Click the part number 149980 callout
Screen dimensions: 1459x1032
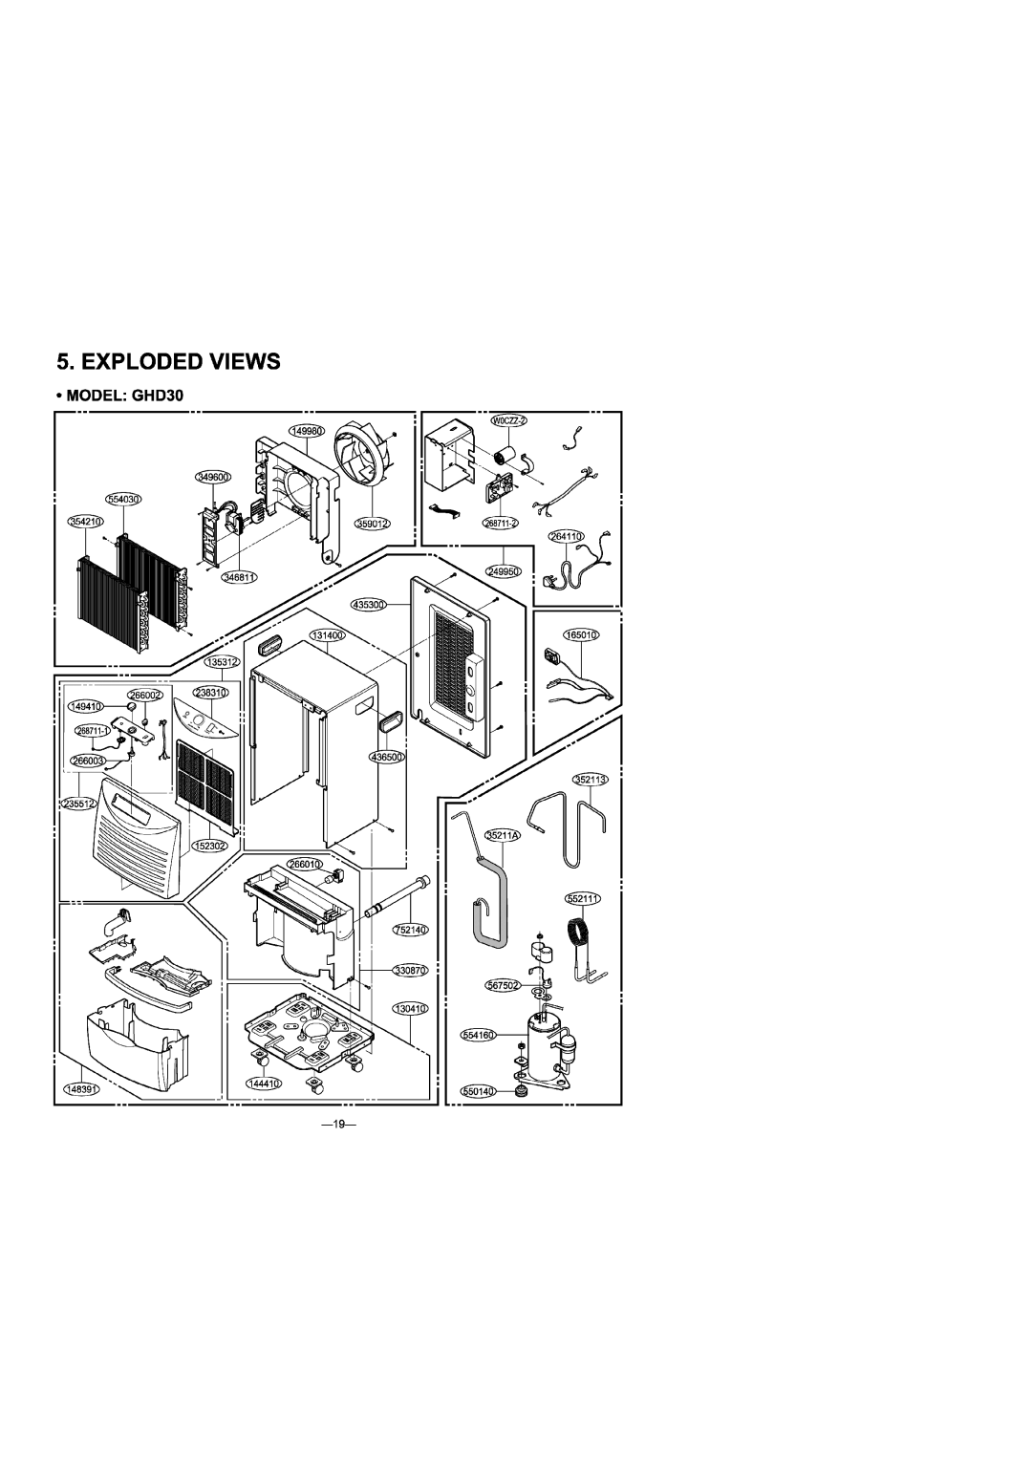click(x=308, y=433)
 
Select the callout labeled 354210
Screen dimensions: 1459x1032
click(x=84, y=522)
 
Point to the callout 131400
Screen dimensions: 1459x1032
click(x=326, y=634)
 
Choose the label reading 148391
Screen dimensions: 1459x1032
click(x=82, y=1088)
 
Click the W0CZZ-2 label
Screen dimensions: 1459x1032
click(x=509, y=421)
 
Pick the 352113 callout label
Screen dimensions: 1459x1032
click(x=591, y=781)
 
